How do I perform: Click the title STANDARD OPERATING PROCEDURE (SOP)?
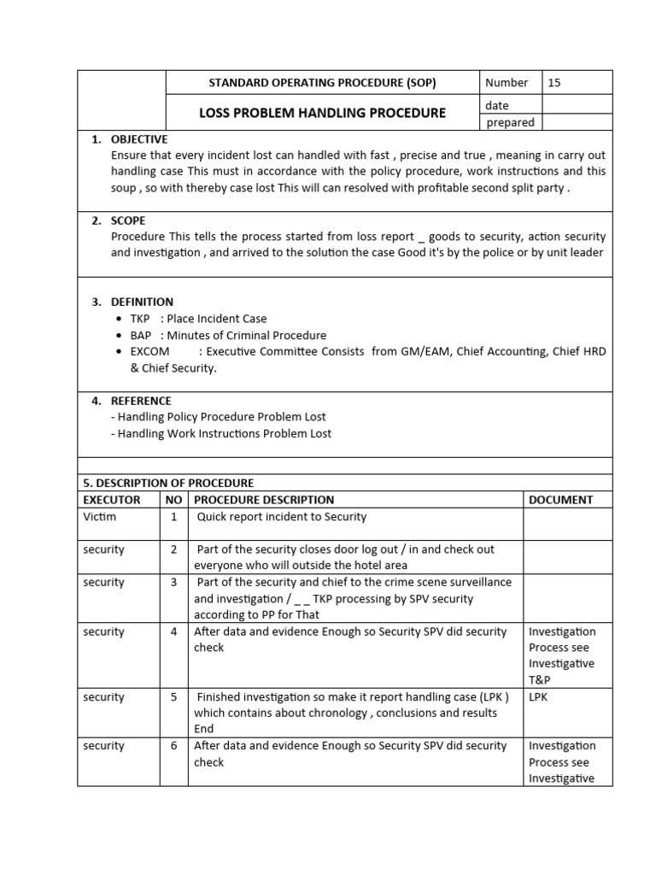(322, 83)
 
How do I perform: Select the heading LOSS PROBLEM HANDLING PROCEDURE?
(322, 113)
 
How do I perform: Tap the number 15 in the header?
(554, 83)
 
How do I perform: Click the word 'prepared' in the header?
(510, 122)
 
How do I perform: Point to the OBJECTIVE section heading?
(139, 139)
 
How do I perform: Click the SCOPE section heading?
(129, 220)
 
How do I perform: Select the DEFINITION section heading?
(142, 302)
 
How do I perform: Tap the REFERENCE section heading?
(141, 401)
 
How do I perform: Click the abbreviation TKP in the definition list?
(139, 319)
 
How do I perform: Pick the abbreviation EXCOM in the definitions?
(149, 351)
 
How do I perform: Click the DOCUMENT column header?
(560, 500)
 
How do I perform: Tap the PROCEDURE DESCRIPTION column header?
(264, 500)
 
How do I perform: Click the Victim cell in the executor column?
(99, 517)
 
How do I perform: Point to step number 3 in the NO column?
(173, 583)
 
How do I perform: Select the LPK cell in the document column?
(539, 697)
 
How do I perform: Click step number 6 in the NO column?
(173, 746)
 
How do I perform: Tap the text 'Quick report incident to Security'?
(282, 517)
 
